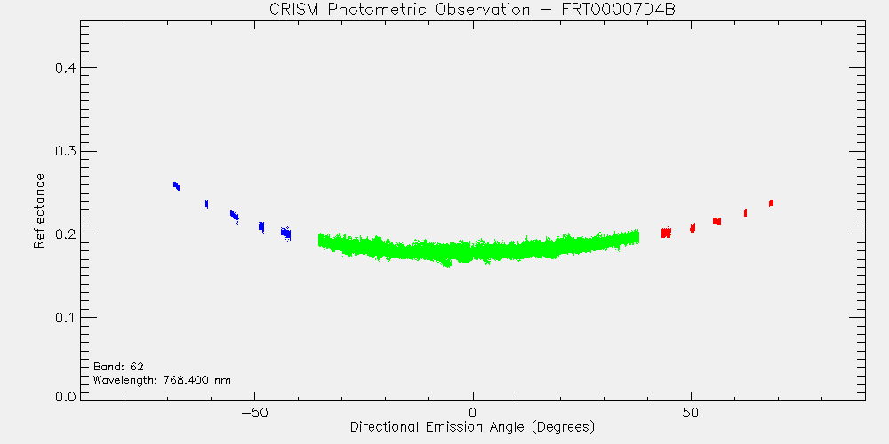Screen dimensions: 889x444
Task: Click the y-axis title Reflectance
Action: point(38,210)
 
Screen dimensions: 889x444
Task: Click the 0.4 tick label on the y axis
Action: point(65,68)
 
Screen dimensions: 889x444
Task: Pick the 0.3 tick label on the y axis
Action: point(65,151)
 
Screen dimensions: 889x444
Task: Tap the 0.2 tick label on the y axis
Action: point(65,234)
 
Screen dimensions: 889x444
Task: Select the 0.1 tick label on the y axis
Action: point(65,317)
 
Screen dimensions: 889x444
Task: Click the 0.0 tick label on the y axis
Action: point(65,397)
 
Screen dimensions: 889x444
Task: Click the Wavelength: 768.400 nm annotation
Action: point(162,380)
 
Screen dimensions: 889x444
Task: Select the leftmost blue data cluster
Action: point(176,186)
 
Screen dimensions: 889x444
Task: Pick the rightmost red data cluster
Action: point(771,202)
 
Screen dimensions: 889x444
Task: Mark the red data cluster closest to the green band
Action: point(666,232)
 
